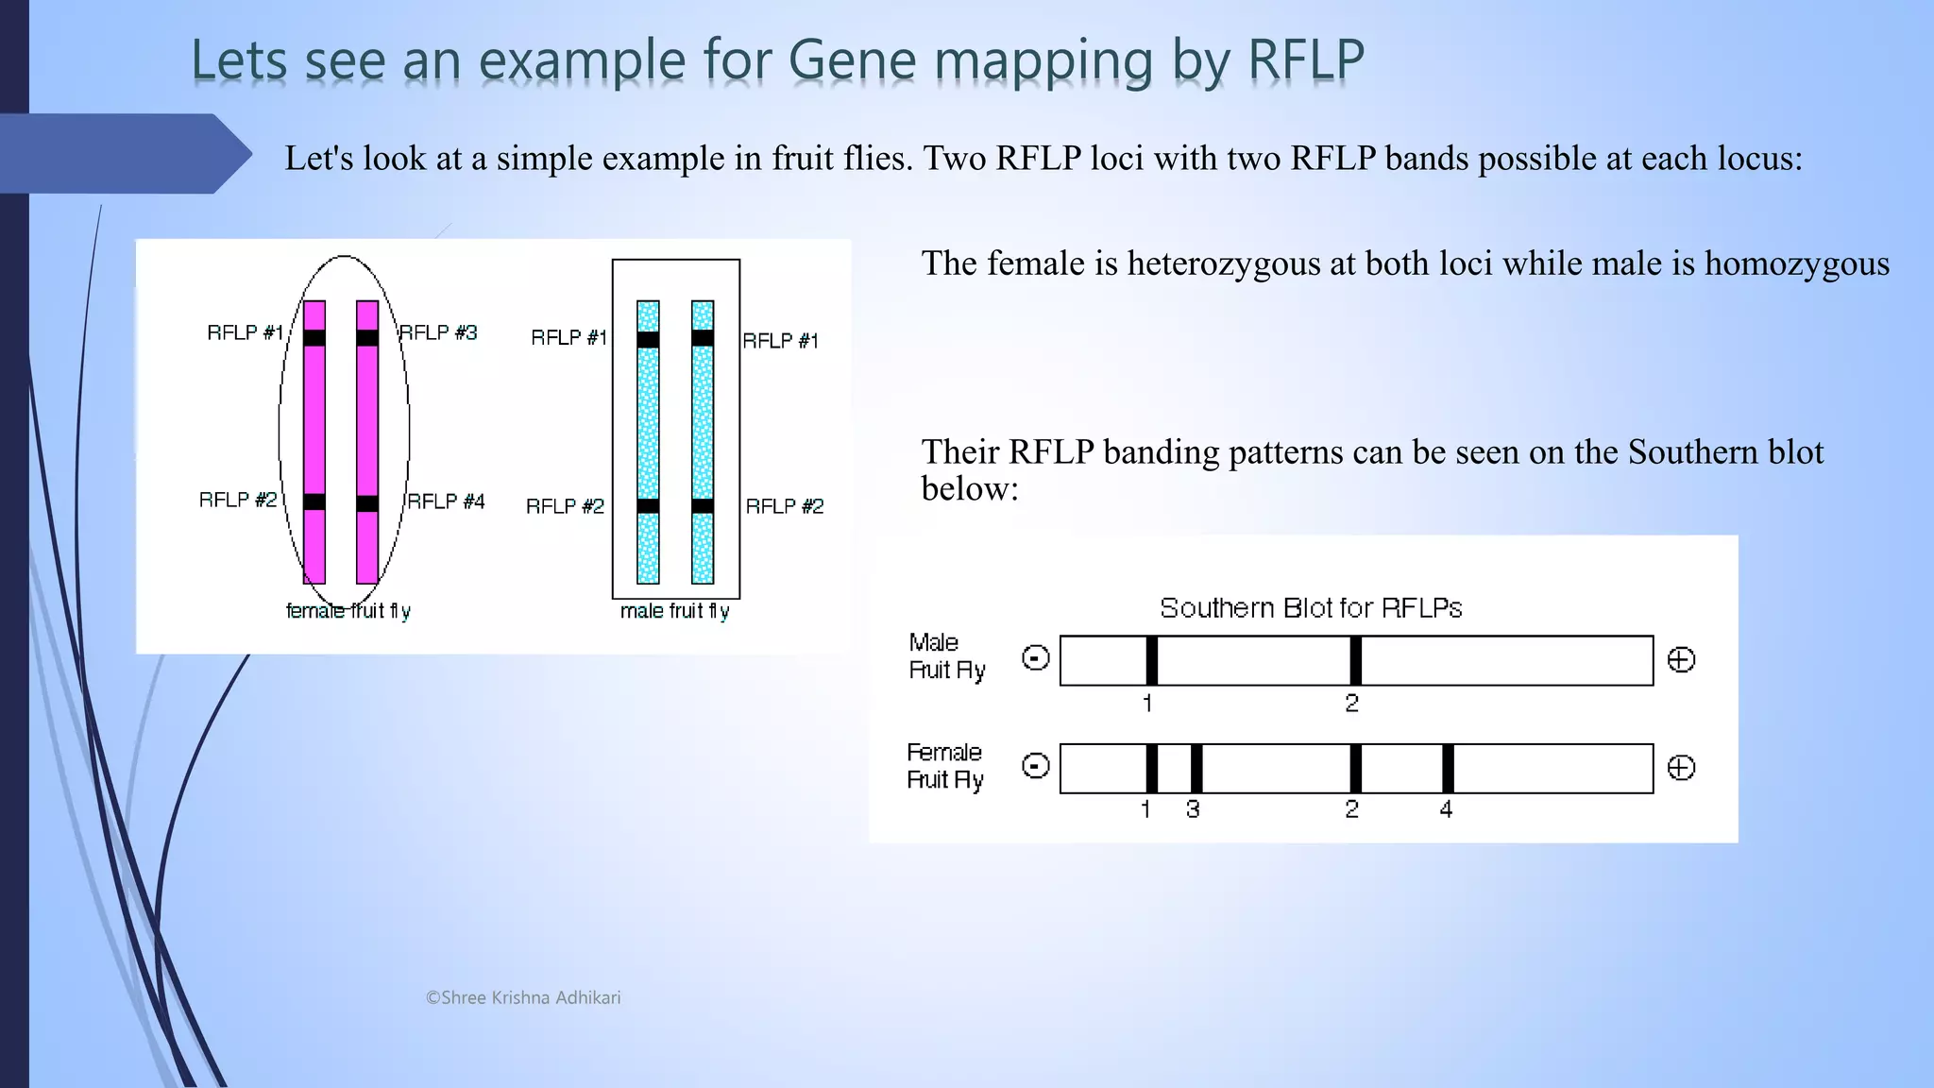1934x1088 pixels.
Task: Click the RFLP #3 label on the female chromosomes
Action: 438,332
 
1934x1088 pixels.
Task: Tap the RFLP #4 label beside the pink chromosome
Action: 446,501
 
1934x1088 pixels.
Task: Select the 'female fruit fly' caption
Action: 348,611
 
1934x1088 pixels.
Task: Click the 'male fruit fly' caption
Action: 674,611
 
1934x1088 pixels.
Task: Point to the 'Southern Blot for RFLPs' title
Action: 1311,607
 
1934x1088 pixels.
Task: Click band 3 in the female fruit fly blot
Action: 1196,768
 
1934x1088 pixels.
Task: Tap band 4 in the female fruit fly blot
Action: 1448,768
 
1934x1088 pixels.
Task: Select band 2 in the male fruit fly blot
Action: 1355,660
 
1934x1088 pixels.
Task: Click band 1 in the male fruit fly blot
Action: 1151,660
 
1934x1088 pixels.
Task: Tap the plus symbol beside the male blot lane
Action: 1681,659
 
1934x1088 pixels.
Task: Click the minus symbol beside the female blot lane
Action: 1036,766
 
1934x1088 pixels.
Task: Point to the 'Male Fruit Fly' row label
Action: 946,656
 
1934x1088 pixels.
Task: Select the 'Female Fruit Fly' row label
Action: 944,766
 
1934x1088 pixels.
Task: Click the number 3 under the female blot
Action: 1193,809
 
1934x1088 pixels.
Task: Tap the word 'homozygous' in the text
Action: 1796,263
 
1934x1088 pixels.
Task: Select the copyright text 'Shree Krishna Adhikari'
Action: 530,997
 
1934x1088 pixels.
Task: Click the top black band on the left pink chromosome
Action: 314,337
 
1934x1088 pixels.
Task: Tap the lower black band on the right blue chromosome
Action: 703,506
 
